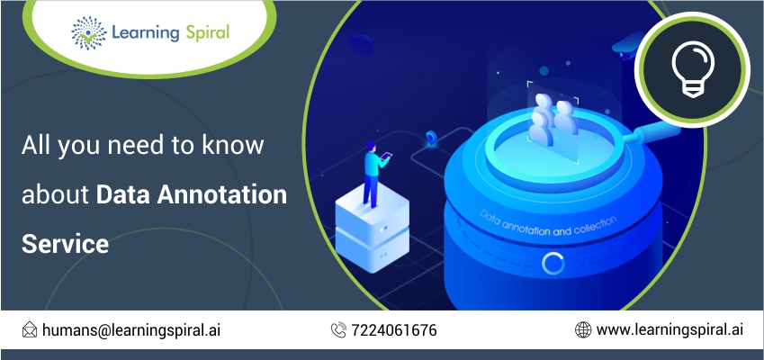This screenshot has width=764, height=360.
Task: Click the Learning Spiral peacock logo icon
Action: click(x=89, y=32)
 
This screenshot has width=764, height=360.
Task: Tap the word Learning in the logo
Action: click(x=146, y=32)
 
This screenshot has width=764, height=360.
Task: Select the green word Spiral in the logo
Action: click(x=207, y=32)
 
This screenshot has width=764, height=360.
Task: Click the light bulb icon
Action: click(x=692, y=69)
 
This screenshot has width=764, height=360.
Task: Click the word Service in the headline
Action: click(x=65, y=244)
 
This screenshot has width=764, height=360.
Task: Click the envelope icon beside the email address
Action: click(x=30, y=329)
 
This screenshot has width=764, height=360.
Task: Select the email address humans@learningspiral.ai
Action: click(x=131, y=329)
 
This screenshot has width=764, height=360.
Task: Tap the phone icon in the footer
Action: click(x=338, y=329)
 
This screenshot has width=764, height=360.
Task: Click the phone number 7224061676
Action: click(x=393, y=330)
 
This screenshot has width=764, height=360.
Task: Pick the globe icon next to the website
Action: click(x=583, y=329)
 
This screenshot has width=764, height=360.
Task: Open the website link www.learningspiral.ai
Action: click(x=670, y=329)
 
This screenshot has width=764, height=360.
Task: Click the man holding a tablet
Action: click(x=374, y=174)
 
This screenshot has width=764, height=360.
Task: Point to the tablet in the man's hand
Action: click(x=386, y=157)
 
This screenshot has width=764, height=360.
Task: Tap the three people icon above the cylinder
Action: click(x=553, y=120)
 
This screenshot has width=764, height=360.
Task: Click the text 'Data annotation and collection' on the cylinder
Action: click(x=548, y=225)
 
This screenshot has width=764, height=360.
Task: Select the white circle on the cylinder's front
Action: click(x=553, y=263)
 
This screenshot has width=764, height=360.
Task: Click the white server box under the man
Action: click(x=373, y=228)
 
